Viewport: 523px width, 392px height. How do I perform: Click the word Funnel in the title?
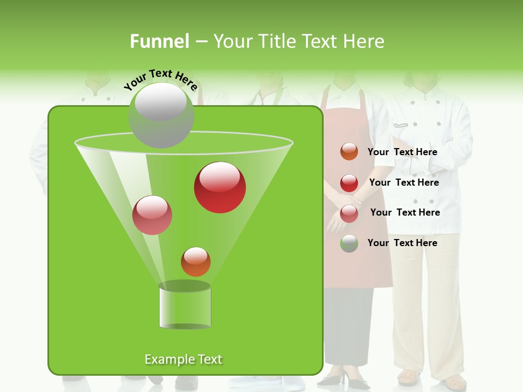pyautogui.click(x=159, y=41)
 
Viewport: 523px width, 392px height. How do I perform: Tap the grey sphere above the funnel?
pyautogui.click(x=161, y=115)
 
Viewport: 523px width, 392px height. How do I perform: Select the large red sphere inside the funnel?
pyautogui.click(x=220, y=187)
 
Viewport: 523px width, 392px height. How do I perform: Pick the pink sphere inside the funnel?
pyautogui.click(x=152, y=215)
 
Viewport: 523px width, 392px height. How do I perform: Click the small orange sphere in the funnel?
pyautogui.click(x=196, y=262)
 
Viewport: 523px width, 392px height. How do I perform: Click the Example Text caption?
pyautogui.click(x=183, y=359)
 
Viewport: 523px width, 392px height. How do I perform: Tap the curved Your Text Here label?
pyautogui.click(x=160, y=79)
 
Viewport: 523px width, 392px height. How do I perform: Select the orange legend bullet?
pyautogui.click(x=349, y=152)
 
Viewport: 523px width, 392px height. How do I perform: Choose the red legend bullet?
pyautogui.click(x=349, y=183)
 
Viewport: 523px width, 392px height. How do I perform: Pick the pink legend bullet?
pyautogui.click(x=349, y=213)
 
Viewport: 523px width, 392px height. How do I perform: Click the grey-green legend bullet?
pyautogui.click(x=349, y=243)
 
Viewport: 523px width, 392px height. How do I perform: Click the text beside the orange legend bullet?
pyautogui.click(x=402, y=152)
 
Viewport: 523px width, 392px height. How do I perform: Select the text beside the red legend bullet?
pyautogui.click(x=404, y=182)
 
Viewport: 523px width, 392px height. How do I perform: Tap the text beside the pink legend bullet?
pyautogui.click(x=405, y=212)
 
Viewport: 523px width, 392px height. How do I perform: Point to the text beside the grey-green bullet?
pyautogui.click(x=402, y=243)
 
